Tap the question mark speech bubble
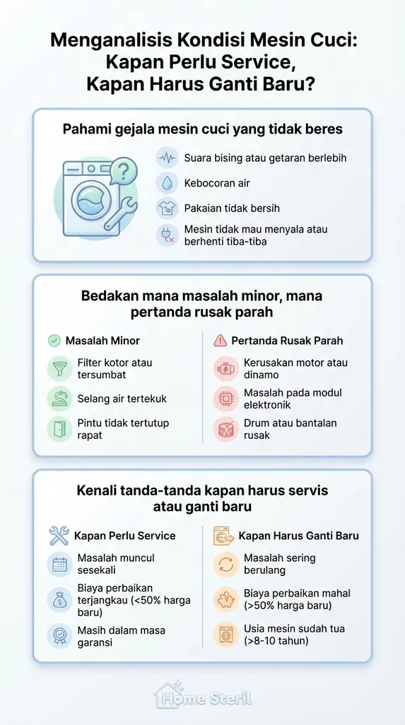(x=124, y=170)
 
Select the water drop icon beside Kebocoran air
(x=167, y=183)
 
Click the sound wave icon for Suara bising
(x=167, y=158)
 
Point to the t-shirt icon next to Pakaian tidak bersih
(x=167, y=208)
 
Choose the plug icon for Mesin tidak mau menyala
(x=167, y=235)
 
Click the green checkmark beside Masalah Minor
(x=54, y=341)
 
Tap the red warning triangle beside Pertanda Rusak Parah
(x=220, y=341)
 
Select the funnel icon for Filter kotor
(x=59, y=369)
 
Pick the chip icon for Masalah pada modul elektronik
(x=226, y=399)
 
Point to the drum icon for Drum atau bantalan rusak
(x=226, y=430)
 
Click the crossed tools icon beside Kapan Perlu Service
(x=59, y=536)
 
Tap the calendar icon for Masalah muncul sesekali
(x=59, y=564)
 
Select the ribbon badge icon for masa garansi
(x=59, y=635)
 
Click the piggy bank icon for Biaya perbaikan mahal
(x=226, y=600)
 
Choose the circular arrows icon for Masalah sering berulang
(x=226, y=564)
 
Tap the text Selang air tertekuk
(x=122, y=399)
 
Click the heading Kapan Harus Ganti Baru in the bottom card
(x=298, y=536)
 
